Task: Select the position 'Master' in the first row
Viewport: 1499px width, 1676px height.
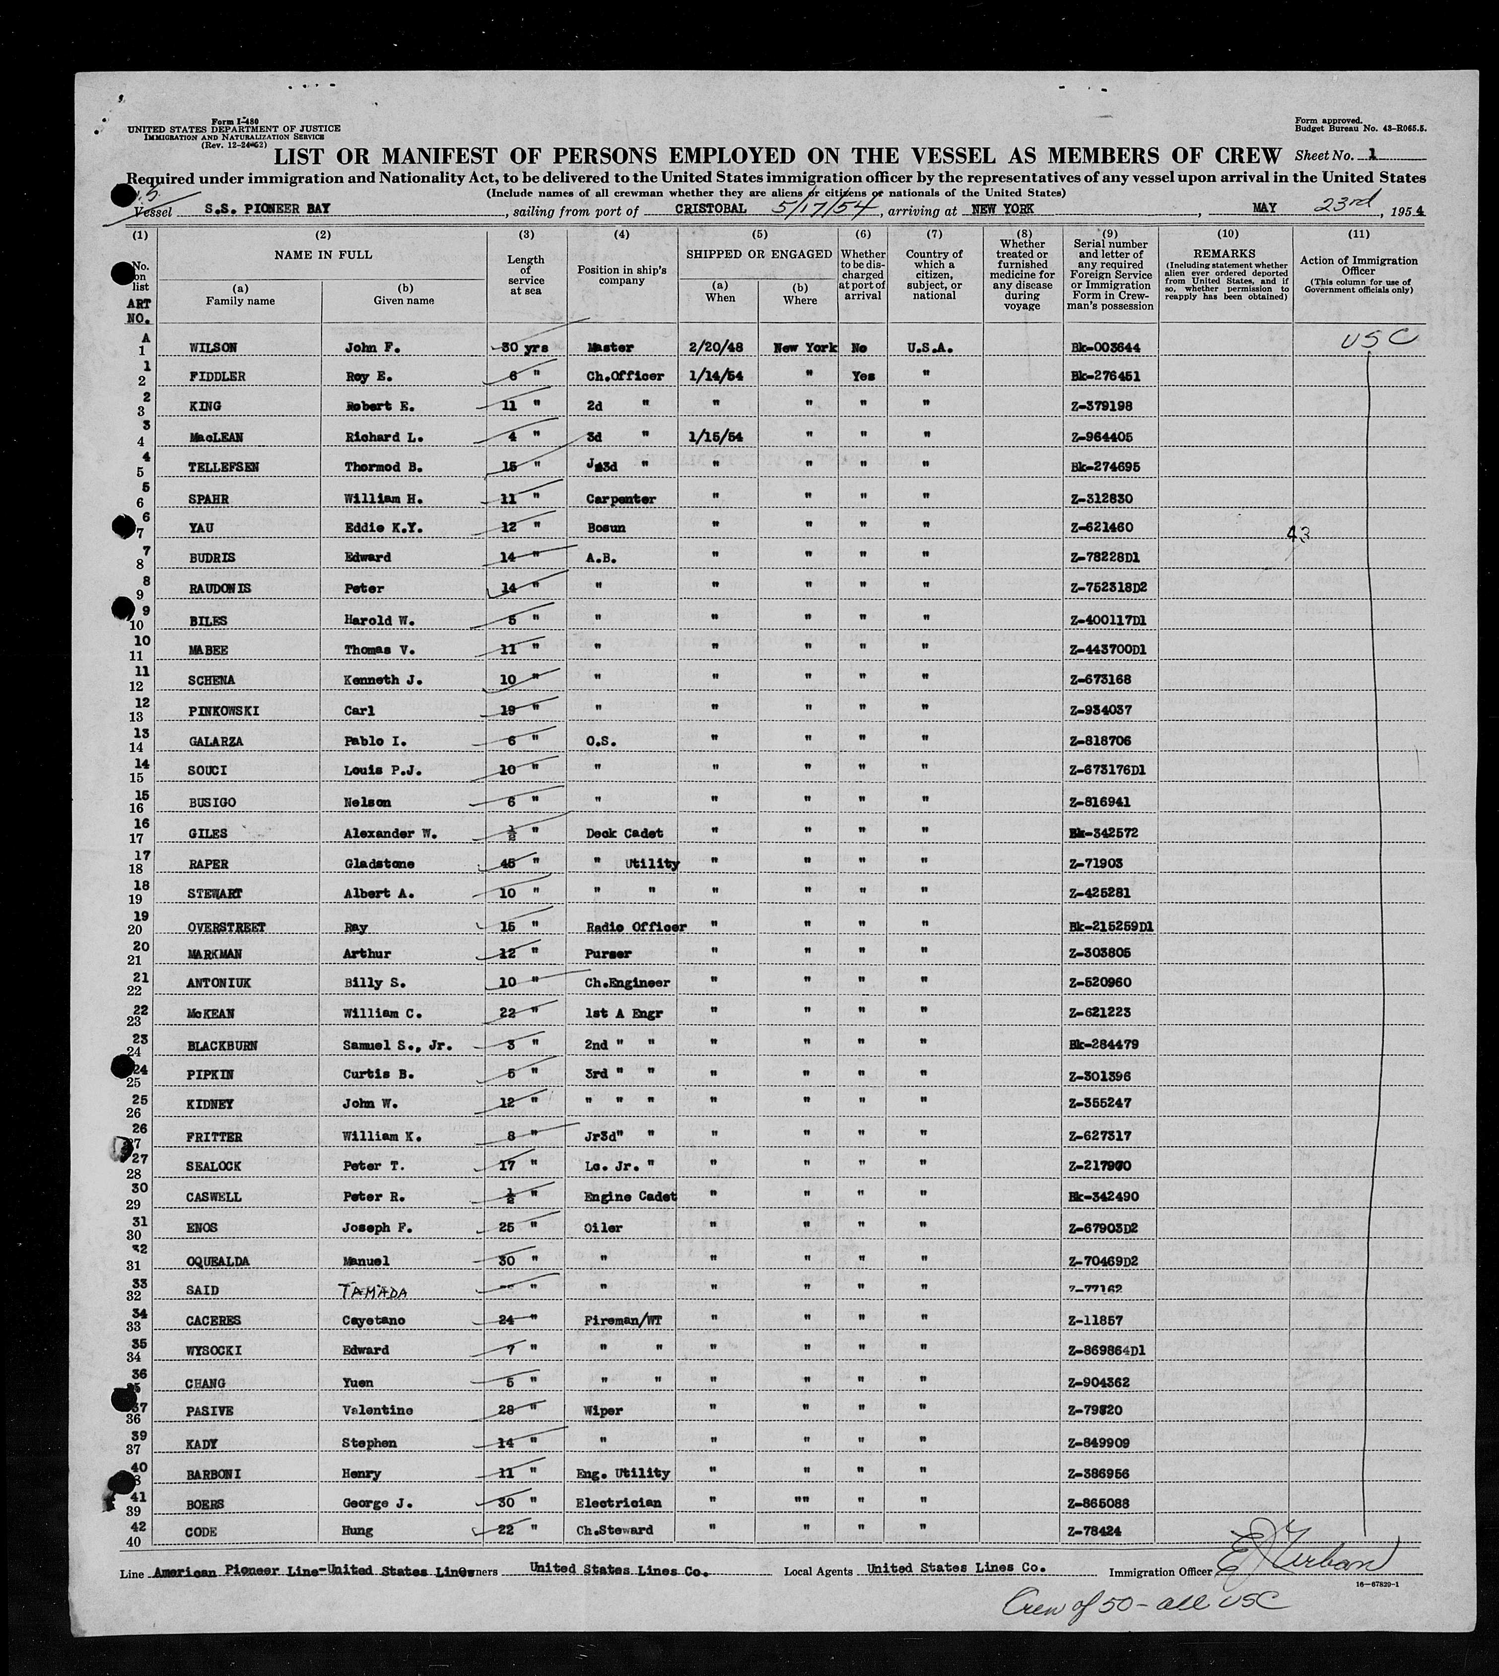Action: (611, 348)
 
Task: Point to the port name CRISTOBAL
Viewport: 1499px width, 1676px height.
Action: (710, 209)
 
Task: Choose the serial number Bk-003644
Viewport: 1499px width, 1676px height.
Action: (1106, 348)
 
